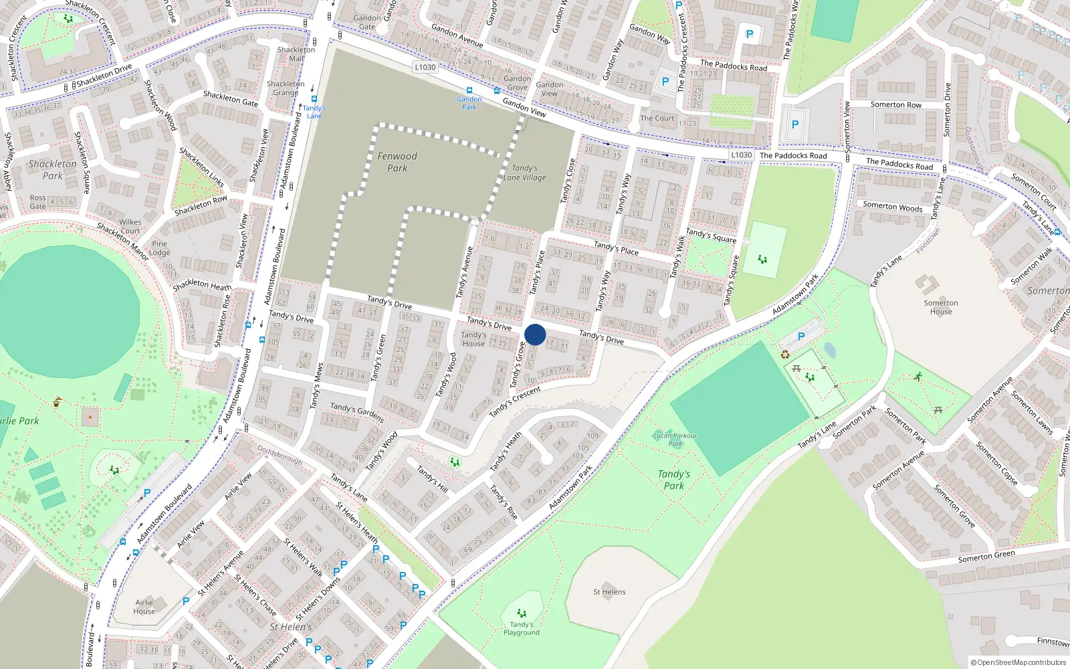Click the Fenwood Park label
[x=397, y=162]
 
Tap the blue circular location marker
[x=535, y=334]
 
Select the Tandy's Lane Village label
[x=525, y=173]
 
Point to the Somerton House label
[x=941, y=307]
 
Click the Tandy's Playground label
[x=522, y=628]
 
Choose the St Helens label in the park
[x=609, y=592]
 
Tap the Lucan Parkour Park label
[x=675, y=439]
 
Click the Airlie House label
[x=144, y=607]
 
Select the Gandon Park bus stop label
[x=469, y=102]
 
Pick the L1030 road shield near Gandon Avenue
[x=425, y=67]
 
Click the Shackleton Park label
[x=52, y=170]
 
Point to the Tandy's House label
[x=473, y=339]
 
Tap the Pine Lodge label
[x=160, y=248]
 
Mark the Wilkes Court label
[x=130, y=226]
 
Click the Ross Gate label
[x=38, y=202]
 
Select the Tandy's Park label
[x=674, y=480]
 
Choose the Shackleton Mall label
[x=296, y=54]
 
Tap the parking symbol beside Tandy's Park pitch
[x=801, y=337]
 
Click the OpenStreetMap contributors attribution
[x=1018, y=662]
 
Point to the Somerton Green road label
[x=986, y=556]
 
